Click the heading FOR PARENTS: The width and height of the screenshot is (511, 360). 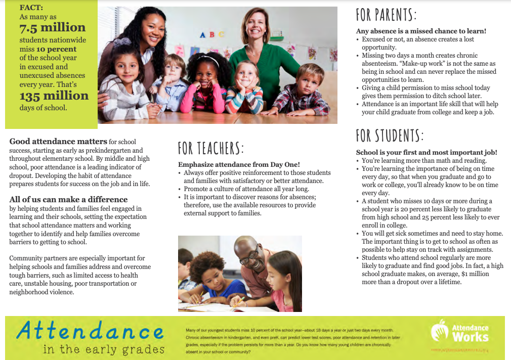pos(386,15)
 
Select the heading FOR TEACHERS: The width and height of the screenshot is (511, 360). pos(210,148)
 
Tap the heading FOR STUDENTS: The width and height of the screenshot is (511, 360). pos(390,136)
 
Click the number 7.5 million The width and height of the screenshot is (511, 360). pos(53,28)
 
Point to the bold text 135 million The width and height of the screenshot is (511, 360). pos(54,96)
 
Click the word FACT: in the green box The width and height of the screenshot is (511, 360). pos(31,8)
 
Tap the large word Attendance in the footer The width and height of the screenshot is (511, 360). pos(90,331)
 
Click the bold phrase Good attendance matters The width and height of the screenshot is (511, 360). pos(58,142)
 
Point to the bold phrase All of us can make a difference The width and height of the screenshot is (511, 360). pos(68,199)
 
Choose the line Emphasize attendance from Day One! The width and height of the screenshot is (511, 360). pos(239,164)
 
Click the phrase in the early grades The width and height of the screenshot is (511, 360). pos(104,349)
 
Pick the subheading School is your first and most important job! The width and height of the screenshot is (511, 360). pos(427,152)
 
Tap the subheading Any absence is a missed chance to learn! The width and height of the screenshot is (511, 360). pos(421,31)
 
